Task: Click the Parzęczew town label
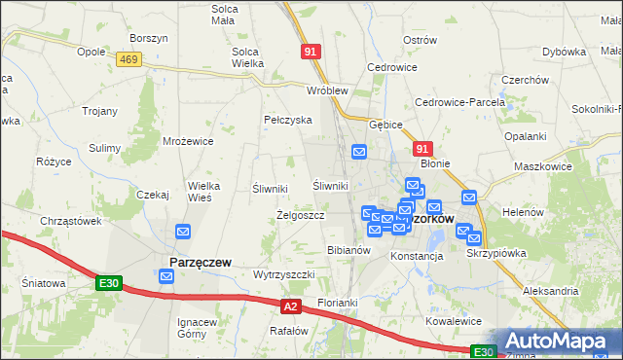(200, 263)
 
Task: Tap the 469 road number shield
(127, 59)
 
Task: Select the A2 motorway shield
(290, 306)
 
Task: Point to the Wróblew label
(327, 90)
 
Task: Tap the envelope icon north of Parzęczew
(183, 232)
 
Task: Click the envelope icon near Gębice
(359, 152)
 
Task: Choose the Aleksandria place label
(550, 291)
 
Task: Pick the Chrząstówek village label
(71, 221)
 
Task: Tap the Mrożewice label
(188, 141)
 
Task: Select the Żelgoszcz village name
(301, 214)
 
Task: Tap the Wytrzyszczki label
(283, 274)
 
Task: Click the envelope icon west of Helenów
(469, 198)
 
